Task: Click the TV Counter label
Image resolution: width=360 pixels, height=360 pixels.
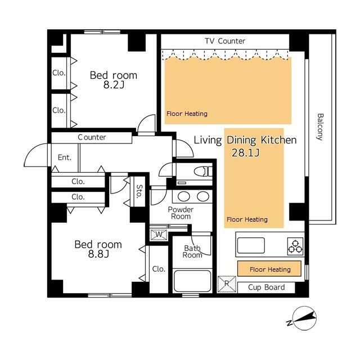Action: (x=225, y=41)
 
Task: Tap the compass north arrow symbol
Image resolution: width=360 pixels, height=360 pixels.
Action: (x=304, y=318)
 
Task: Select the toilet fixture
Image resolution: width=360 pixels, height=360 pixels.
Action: (x=203, y=172)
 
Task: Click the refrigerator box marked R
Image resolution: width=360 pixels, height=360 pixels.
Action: (x=227, y=284)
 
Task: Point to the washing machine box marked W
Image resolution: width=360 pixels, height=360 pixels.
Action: (x=159, y=235)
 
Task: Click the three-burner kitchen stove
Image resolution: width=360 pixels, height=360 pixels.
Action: (x=295, y=246)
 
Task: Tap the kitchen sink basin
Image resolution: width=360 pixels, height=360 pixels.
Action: (x=251, y=245)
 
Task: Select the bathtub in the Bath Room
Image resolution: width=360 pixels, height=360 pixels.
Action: (x=192, y=281)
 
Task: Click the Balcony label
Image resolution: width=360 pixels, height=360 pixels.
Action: (x=320, y=127)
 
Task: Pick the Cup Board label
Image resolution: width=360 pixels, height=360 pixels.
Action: (x=266, y=287)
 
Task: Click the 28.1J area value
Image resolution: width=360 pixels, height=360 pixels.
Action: (x=246, y=152)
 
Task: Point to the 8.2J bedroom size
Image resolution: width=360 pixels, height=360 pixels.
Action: (x=114, y=85)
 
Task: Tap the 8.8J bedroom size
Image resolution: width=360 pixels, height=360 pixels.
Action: (x=98, y=254)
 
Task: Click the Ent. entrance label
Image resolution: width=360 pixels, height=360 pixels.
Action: (x=65, y=157)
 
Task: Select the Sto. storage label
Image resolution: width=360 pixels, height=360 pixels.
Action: (x=139, y=191)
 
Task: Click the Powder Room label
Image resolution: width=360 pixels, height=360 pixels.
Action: (x=181, y=213)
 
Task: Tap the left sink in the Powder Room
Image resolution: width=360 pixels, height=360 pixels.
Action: (x=184, y=196)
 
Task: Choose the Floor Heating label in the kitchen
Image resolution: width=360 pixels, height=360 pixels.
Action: (x=270, y=269)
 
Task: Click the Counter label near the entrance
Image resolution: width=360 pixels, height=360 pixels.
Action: (x=92, y=137)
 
